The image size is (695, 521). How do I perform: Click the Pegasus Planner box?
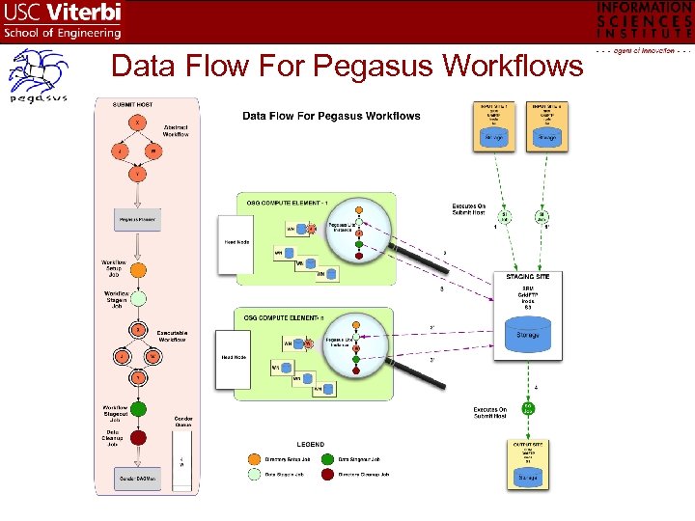[x=139, y=220]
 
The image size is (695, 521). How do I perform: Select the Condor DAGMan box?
[x=139, y=479]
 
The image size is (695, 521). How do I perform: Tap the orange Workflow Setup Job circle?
[x=139, y=271]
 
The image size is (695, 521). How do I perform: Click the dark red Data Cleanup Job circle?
[x=139, y=437]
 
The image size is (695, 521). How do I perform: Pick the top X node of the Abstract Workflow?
[x=139, y=123]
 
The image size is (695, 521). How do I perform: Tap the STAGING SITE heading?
[x=528, y=277]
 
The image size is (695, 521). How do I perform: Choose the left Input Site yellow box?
[x=493, y=125]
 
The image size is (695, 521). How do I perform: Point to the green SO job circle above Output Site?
[x=528, y=409]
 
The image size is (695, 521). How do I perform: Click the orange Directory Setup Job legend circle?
[x=254, y=460]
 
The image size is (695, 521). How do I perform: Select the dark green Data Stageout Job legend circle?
[x=331, y=460]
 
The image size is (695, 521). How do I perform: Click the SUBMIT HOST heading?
[x=136, y=103]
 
